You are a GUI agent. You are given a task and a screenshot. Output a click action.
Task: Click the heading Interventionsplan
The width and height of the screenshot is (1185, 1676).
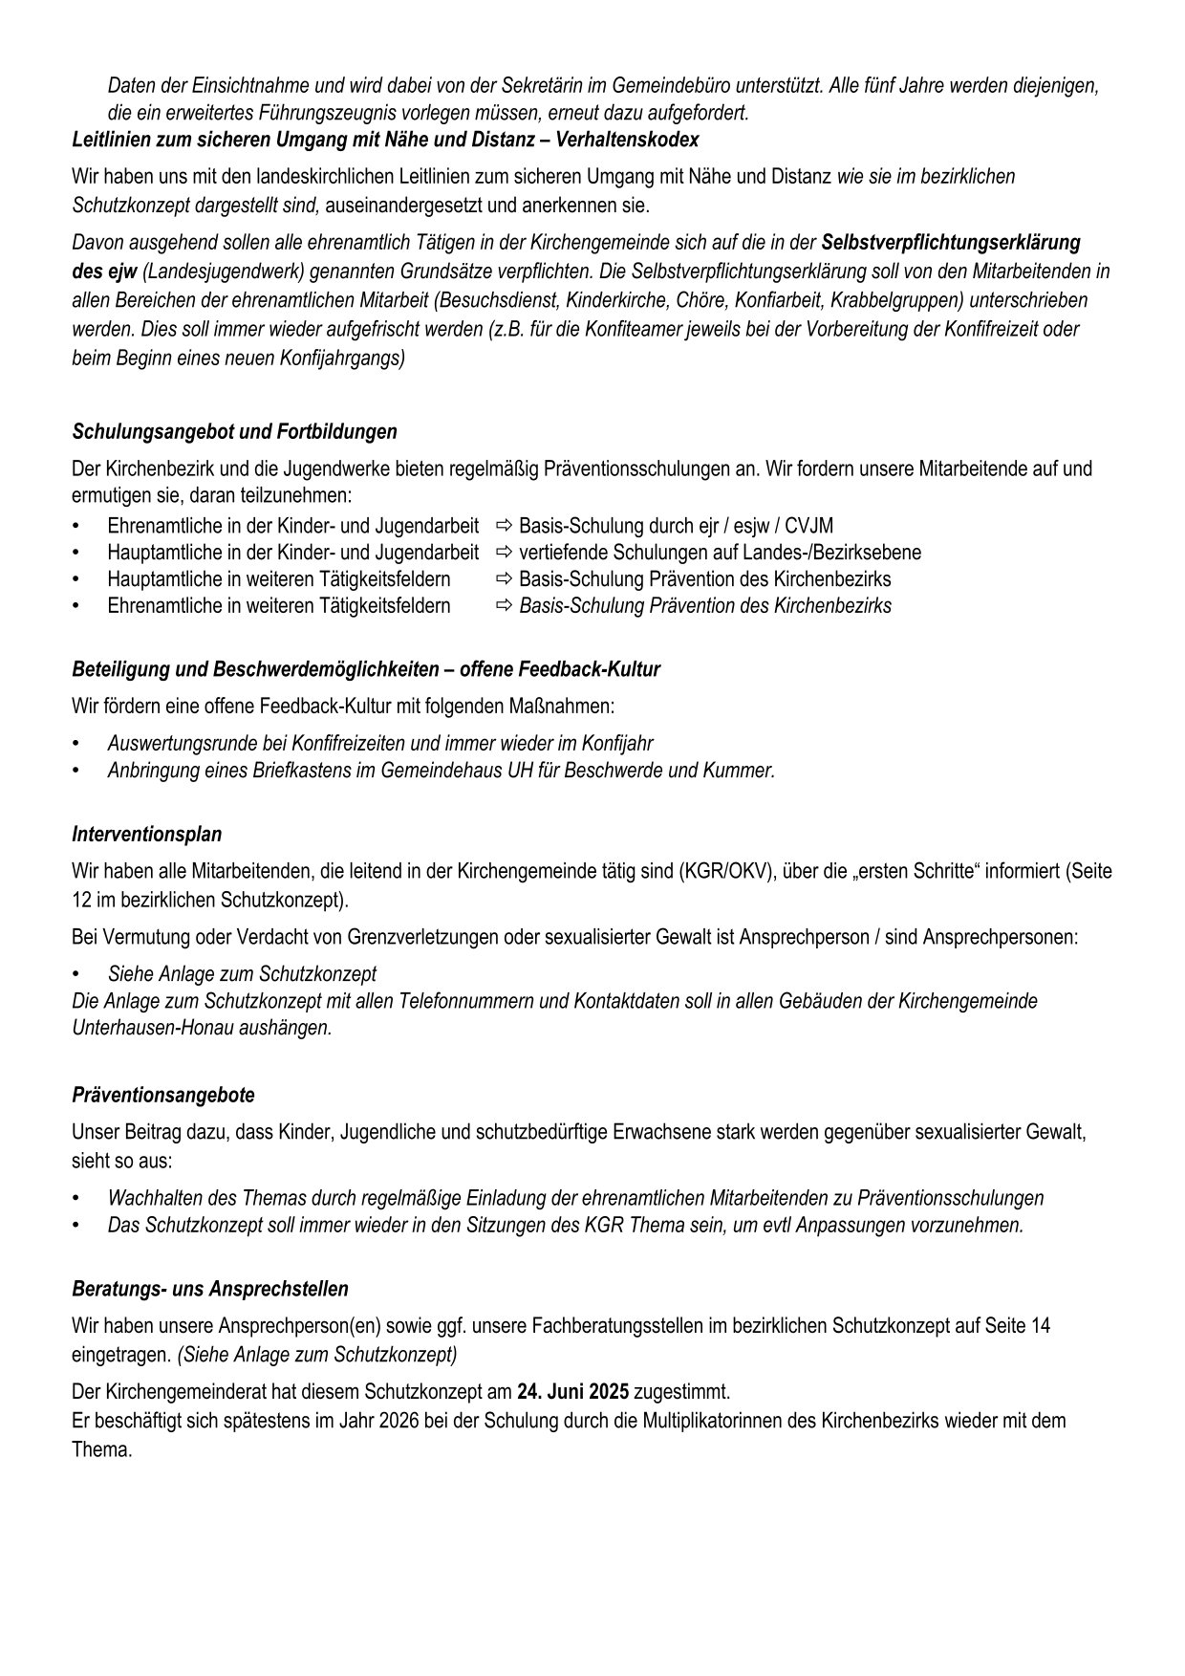[x=146, y=835]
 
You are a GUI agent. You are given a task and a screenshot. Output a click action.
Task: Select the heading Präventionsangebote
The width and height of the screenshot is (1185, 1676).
[x=163, y=1095]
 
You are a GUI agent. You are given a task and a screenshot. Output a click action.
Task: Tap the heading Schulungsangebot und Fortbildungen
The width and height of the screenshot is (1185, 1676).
[x=234, y=432]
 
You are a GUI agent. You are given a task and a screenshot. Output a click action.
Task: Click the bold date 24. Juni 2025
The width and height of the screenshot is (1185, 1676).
[x=572, y=1391]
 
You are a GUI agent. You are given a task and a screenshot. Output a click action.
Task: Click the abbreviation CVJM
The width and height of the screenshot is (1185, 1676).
[x=808, y=526]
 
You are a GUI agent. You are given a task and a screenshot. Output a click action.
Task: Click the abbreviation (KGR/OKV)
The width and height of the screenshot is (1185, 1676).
[x=726, y=872]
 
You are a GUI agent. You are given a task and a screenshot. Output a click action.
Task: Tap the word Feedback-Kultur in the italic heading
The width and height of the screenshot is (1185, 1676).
[x=592, y=670]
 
